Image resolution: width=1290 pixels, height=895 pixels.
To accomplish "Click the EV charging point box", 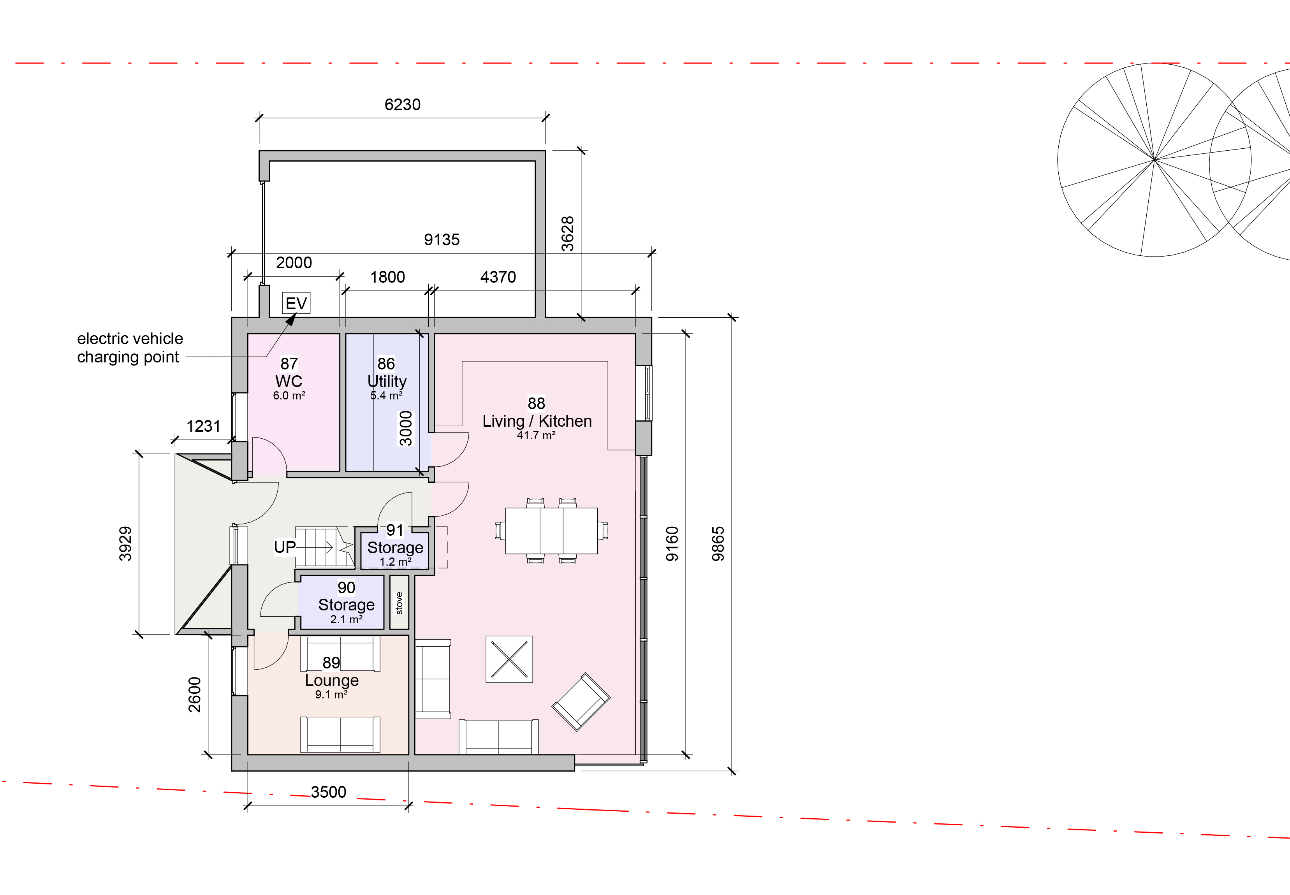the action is pos(296,303).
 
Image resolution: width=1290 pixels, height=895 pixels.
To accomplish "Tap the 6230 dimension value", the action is pos(402,105).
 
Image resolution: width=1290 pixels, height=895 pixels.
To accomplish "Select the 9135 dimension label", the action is pos(442,240).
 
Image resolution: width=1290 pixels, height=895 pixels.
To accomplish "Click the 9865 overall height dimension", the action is pos(718,543).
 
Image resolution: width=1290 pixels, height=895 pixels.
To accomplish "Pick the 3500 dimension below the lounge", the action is pos(329,792).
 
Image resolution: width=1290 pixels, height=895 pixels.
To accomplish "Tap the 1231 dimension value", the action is pos(204,426).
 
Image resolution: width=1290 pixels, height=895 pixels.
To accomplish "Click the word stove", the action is pos(399,603).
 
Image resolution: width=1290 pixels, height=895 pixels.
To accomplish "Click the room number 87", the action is pos(289,364).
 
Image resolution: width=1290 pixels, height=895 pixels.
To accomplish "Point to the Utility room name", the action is pos(387,382).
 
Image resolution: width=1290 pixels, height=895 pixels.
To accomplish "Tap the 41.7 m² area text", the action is pos(536,435).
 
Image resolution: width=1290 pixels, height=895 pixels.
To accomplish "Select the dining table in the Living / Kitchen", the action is pos(551,531).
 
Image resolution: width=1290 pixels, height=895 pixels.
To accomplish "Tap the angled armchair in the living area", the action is pos(581,702).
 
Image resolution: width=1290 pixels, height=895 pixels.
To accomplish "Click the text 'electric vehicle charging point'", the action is pos(130,348).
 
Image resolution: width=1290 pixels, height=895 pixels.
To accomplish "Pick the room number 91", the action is pos(395,530).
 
